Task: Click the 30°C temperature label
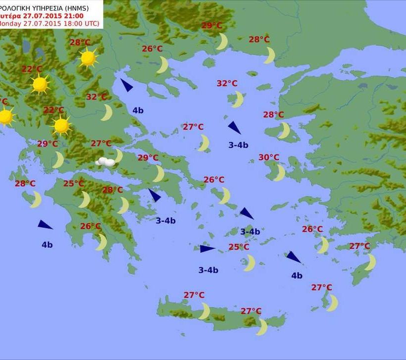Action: pos(269,157)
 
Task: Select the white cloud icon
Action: pos(106,161)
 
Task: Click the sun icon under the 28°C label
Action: pos(88,58)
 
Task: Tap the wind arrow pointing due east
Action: pos(207,249)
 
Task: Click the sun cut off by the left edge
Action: pos(4,117)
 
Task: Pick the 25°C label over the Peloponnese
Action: pos(73,183)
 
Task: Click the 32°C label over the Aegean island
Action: pos(227,83)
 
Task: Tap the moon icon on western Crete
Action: pos(204,311)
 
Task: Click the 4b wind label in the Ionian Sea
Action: pos(47,245)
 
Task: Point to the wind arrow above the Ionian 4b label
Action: pos(45,225)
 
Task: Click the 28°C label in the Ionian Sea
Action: pos(25,183)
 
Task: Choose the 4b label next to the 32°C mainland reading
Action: pos(138,110)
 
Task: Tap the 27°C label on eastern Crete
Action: pos(251,311)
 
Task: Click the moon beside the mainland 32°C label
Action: pos(106,112)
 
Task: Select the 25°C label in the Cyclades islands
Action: pos(239,247)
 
